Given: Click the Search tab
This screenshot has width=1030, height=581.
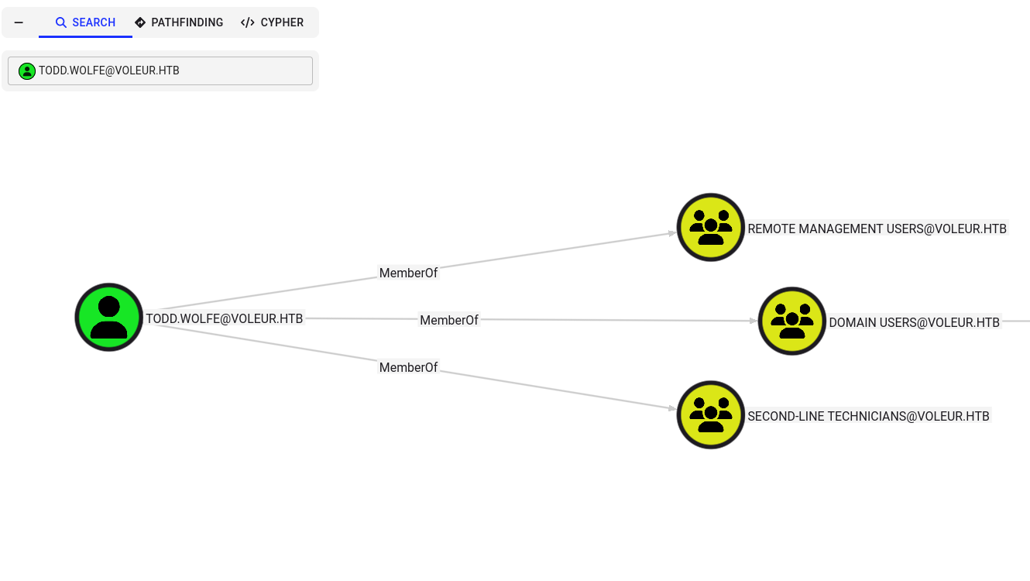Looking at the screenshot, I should [x=85, y=22].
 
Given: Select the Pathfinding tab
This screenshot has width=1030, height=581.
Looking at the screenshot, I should [x=179, y=22].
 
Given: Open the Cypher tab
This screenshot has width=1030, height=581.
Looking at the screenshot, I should [x=272, y=22].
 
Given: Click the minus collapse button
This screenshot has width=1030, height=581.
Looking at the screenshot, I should [x=19, y=22].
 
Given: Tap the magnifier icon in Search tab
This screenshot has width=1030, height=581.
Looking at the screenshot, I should [x=61, y=22].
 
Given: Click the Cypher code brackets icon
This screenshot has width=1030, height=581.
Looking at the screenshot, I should [x=248, y=22].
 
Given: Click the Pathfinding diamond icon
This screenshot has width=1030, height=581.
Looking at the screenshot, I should [x=140, y=22].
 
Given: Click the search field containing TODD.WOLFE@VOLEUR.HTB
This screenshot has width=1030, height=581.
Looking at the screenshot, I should [x=160, y=70].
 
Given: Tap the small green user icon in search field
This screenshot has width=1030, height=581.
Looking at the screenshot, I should [x=27, y=71].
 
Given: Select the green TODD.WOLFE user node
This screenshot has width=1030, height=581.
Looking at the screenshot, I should [x=109, y=317].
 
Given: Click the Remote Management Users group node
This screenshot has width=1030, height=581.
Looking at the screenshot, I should [x=710, y=227].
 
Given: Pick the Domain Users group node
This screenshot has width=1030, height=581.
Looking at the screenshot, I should [x=792, y=321].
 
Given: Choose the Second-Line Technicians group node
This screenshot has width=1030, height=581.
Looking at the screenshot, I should [x=710, y=414].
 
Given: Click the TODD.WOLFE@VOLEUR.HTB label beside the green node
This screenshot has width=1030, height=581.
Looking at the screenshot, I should [x=225, y=318].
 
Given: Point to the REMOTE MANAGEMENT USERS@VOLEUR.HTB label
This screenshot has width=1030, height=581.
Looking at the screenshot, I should [x=877, y=229].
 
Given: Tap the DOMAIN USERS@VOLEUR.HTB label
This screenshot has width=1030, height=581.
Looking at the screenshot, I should [x=914, y=322].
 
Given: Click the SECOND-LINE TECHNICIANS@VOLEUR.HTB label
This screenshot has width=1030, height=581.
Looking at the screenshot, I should [x=868, y=416].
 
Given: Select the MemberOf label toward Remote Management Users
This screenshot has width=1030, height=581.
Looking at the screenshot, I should [x=408, y=273].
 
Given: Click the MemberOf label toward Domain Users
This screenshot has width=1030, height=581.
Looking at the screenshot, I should [x=449, y=320].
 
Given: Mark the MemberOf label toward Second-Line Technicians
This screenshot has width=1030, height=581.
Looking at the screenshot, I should [x=408, y=367].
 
